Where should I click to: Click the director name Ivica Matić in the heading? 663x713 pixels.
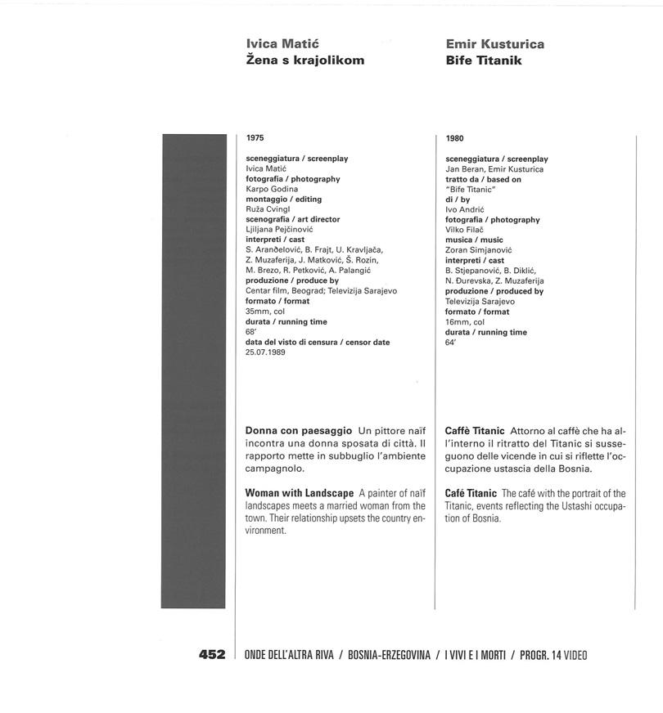(x=282, y=44)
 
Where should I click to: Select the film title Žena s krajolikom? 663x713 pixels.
(x=304, y=61)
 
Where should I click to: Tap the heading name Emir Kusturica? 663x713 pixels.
(x=494, y=44)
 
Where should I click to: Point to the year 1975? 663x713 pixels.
(x=255, y=138)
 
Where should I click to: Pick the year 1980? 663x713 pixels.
(x=455, y=139)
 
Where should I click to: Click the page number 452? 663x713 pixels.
(x=211, y=655)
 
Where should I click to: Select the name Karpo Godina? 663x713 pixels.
(x=272, y=189)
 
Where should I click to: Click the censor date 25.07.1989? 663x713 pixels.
(x=266, y=352)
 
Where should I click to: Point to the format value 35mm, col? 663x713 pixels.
(x=265, y=312)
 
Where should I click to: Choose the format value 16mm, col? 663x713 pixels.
(x=465, y=322)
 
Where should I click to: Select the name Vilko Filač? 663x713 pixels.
(x=465, y=230)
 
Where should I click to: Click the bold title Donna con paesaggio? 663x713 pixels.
(x=299, y=430)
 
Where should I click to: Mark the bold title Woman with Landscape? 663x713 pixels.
(x=300, y=493)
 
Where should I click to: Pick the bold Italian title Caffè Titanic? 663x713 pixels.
(x=475, y=430)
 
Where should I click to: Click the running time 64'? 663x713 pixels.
(x=451, y=343)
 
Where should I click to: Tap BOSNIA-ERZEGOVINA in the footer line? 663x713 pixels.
(x=389, y=655)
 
